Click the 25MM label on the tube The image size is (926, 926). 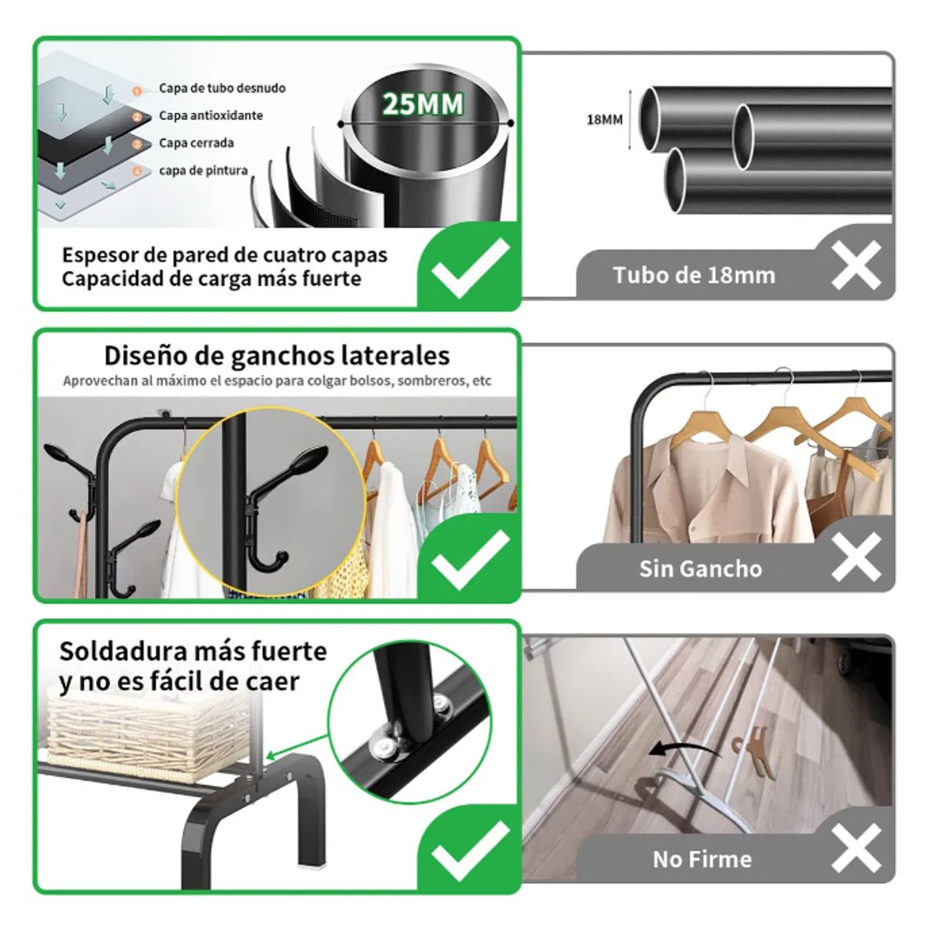423,104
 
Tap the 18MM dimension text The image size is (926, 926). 604,120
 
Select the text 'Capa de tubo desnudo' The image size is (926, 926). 222,88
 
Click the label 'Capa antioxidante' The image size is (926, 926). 211,116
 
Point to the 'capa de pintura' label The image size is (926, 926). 204,171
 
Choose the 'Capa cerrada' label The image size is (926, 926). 196,143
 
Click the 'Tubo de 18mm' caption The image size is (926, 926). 694,275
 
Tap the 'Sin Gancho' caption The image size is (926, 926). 700,569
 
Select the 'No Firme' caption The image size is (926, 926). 701,859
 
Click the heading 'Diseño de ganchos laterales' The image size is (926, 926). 277,356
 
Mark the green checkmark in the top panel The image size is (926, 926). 470,268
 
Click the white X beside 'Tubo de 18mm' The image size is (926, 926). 856,265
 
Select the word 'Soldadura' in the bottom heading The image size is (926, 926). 123,651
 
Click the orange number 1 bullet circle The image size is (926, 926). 137,90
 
